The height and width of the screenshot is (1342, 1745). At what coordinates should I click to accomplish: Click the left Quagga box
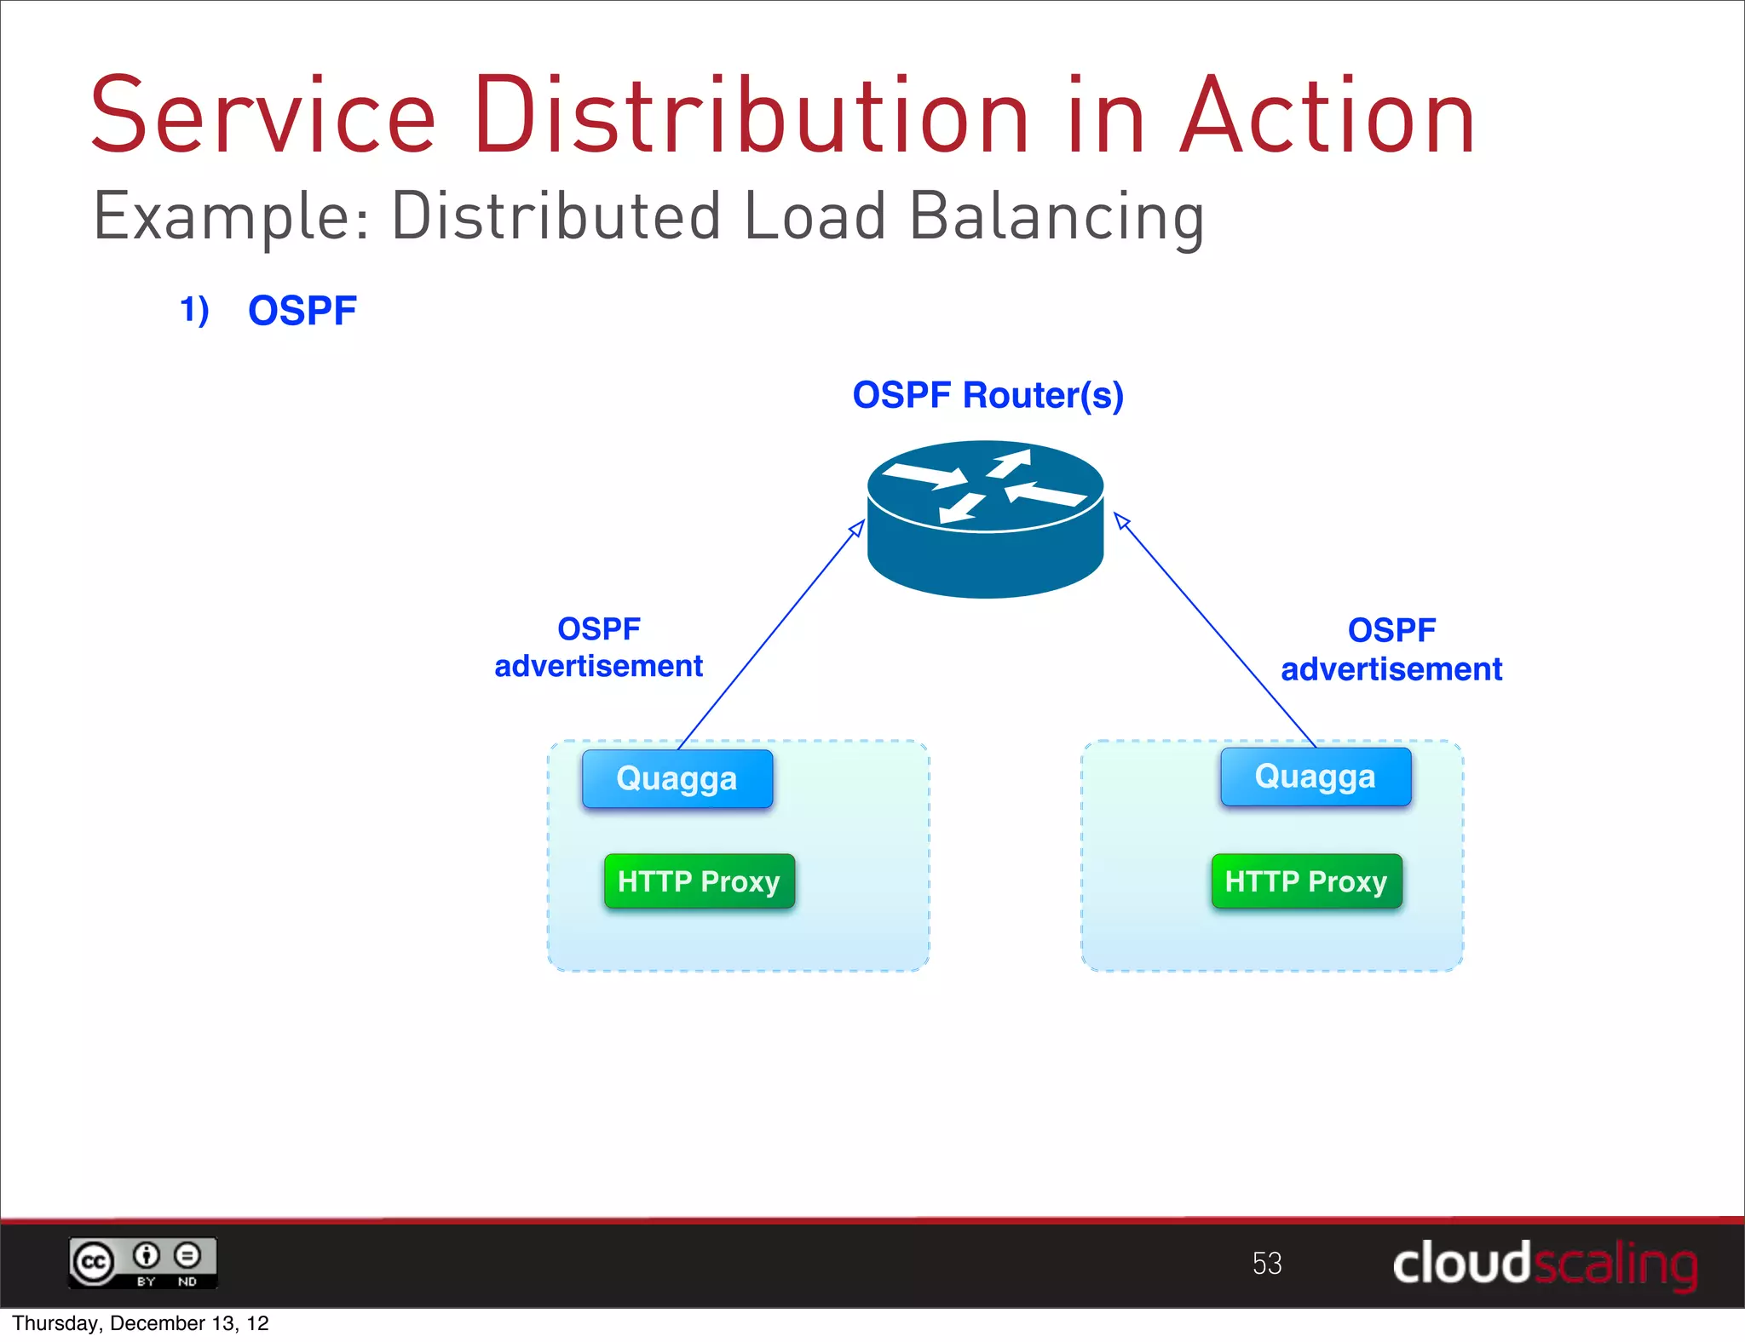(677, 778)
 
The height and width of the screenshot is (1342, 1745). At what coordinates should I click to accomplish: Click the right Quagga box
(1316, 777)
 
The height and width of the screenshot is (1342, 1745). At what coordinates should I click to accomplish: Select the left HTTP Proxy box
(699, 881)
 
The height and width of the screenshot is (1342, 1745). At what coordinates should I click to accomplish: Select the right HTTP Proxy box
(1306, 881)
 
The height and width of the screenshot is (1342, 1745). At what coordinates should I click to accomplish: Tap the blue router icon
(986, 519)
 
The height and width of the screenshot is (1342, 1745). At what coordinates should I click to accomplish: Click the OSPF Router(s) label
(988, 395)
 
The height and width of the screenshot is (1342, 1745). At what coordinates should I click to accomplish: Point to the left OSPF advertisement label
(598, 648)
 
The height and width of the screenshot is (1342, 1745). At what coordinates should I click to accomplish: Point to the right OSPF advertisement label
(1391, 650)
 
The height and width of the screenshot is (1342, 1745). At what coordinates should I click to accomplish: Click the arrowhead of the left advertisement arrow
(858, 528)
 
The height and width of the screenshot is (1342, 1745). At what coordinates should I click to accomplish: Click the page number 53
(1267, 1263)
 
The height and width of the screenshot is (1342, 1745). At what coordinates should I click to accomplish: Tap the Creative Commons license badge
(143, 1263)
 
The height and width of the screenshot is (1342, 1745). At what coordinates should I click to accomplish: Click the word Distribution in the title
(751, 117)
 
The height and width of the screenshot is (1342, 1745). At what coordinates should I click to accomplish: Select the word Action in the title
(1327, 117)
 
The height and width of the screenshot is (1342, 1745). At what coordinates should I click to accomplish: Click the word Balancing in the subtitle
(1057, 217)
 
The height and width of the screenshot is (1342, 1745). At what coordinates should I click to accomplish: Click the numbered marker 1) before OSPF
(194, 310)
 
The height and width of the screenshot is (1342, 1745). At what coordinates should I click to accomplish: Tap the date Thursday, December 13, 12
(141, 1323)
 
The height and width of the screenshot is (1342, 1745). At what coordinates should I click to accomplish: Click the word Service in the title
(263, 117)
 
